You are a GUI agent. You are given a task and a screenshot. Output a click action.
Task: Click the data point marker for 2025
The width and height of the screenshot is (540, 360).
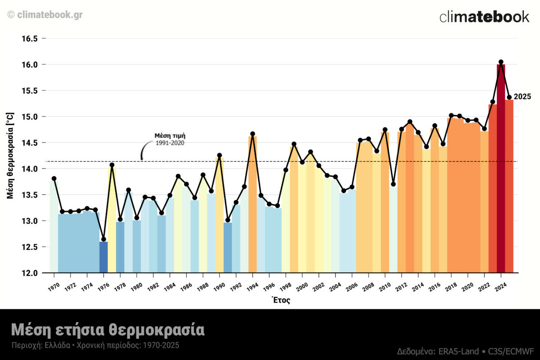(x=509, y=97)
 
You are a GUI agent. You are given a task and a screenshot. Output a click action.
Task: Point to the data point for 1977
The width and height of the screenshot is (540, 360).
(x=112, y=165)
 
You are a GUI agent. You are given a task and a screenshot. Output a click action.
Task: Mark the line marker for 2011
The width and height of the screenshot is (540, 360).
(x=393, y=184)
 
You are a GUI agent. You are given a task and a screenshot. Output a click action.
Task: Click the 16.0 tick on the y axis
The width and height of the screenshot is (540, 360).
(x=31, y=65)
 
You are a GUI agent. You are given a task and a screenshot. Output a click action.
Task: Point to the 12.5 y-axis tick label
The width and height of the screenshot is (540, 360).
(x=31, y=247)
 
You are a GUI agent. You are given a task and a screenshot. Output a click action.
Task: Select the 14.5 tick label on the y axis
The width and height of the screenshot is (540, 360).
(x=31, y=143)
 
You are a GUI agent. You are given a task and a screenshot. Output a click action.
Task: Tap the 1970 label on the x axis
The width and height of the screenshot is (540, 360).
(x=53, y=286)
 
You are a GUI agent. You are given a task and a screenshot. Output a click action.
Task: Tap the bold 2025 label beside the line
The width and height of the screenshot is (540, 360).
(x=522, y=97)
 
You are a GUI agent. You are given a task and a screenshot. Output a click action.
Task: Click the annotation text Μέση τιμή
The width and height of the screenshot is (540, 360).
(x=170, y=135)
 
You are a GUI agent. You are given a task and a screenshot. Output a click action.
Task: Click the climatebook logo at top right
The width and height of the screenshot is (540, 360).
(x=484, y=17)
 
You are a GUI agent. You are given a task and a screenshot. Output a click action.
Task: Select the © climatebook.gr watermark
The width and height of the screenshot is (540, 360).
(x=45, y=15)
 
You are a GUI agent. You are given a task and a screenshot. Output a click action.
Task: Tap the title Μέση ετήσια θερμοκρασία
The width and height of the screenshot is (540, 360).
(x=108, y=330)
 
